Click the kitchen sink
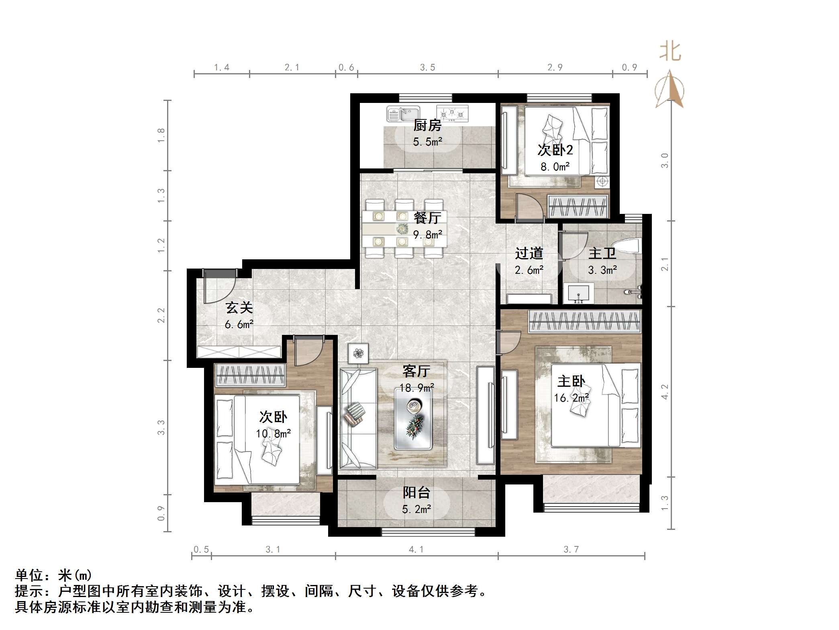[x=403, y=113]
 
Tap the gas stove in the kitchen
[x=452, y=113]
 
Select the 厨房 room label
[x=427, y=125]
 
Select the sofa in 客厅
[x=357, y=419]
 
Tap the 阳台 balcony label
[x=416, y=493]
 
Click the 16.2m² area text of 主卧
[x=571, y=398]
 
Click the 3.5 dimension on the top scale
[x=427, y=68]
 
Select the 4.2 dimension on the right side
[x=665, y=392]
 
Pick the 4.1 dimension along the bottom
[x=416, y=549]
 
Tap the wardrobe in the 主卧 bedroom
[x=584, y=322]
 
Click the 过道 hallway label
[x=529, y=253]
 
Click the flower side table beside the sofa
[x=358, y=354]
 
